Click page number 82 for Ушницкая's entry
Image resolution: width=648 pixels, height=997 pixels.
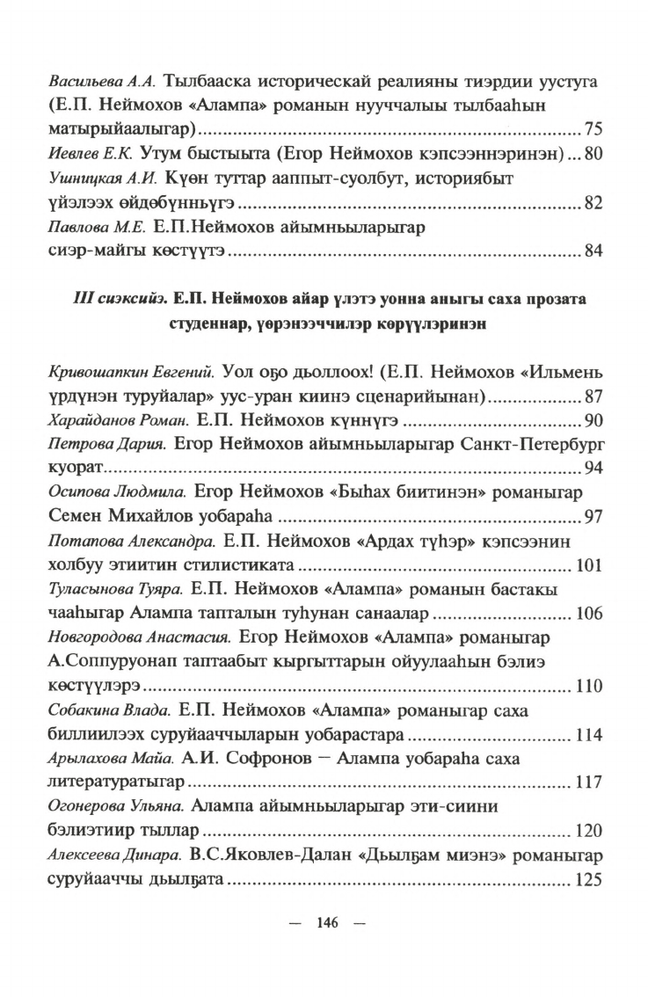point(592,204)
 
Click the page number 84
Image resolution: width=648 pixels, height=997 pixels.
point(592,253)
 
